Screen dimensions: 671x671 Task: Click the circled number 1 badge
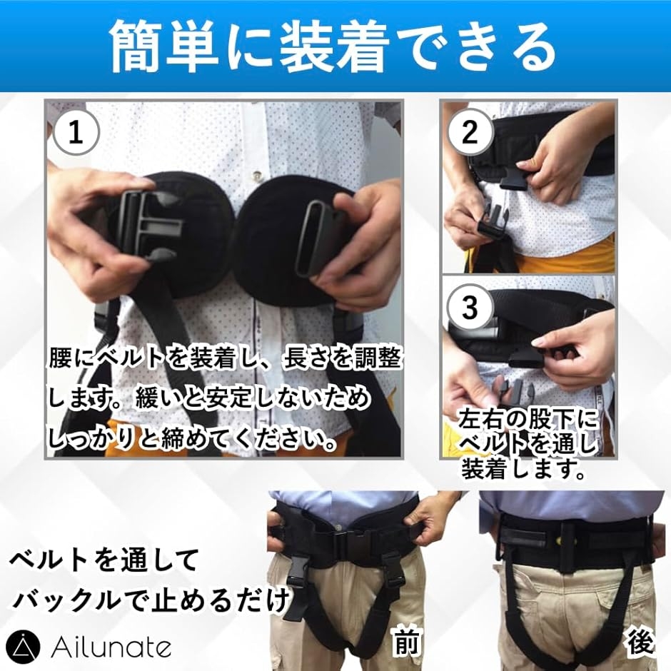click(x=76, y=133)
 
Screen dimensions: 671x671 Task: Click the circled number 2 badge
click(x=470, y=132)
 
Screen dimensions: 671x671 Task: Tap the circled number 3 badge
click(x=470, y=306)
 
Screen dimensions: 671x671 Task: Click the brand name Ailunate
click(x=111, y=648)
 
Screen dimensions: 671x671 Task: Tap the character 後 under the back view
click(x=640, y=642)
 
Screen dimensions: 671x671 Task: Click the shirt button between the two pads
click(x=257, y=174)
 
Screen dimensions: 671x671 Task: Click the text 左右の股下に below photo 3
click(x=527, y=419)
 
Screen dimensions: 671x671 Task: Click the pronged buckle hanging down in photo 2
click(x=491, y=221)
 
